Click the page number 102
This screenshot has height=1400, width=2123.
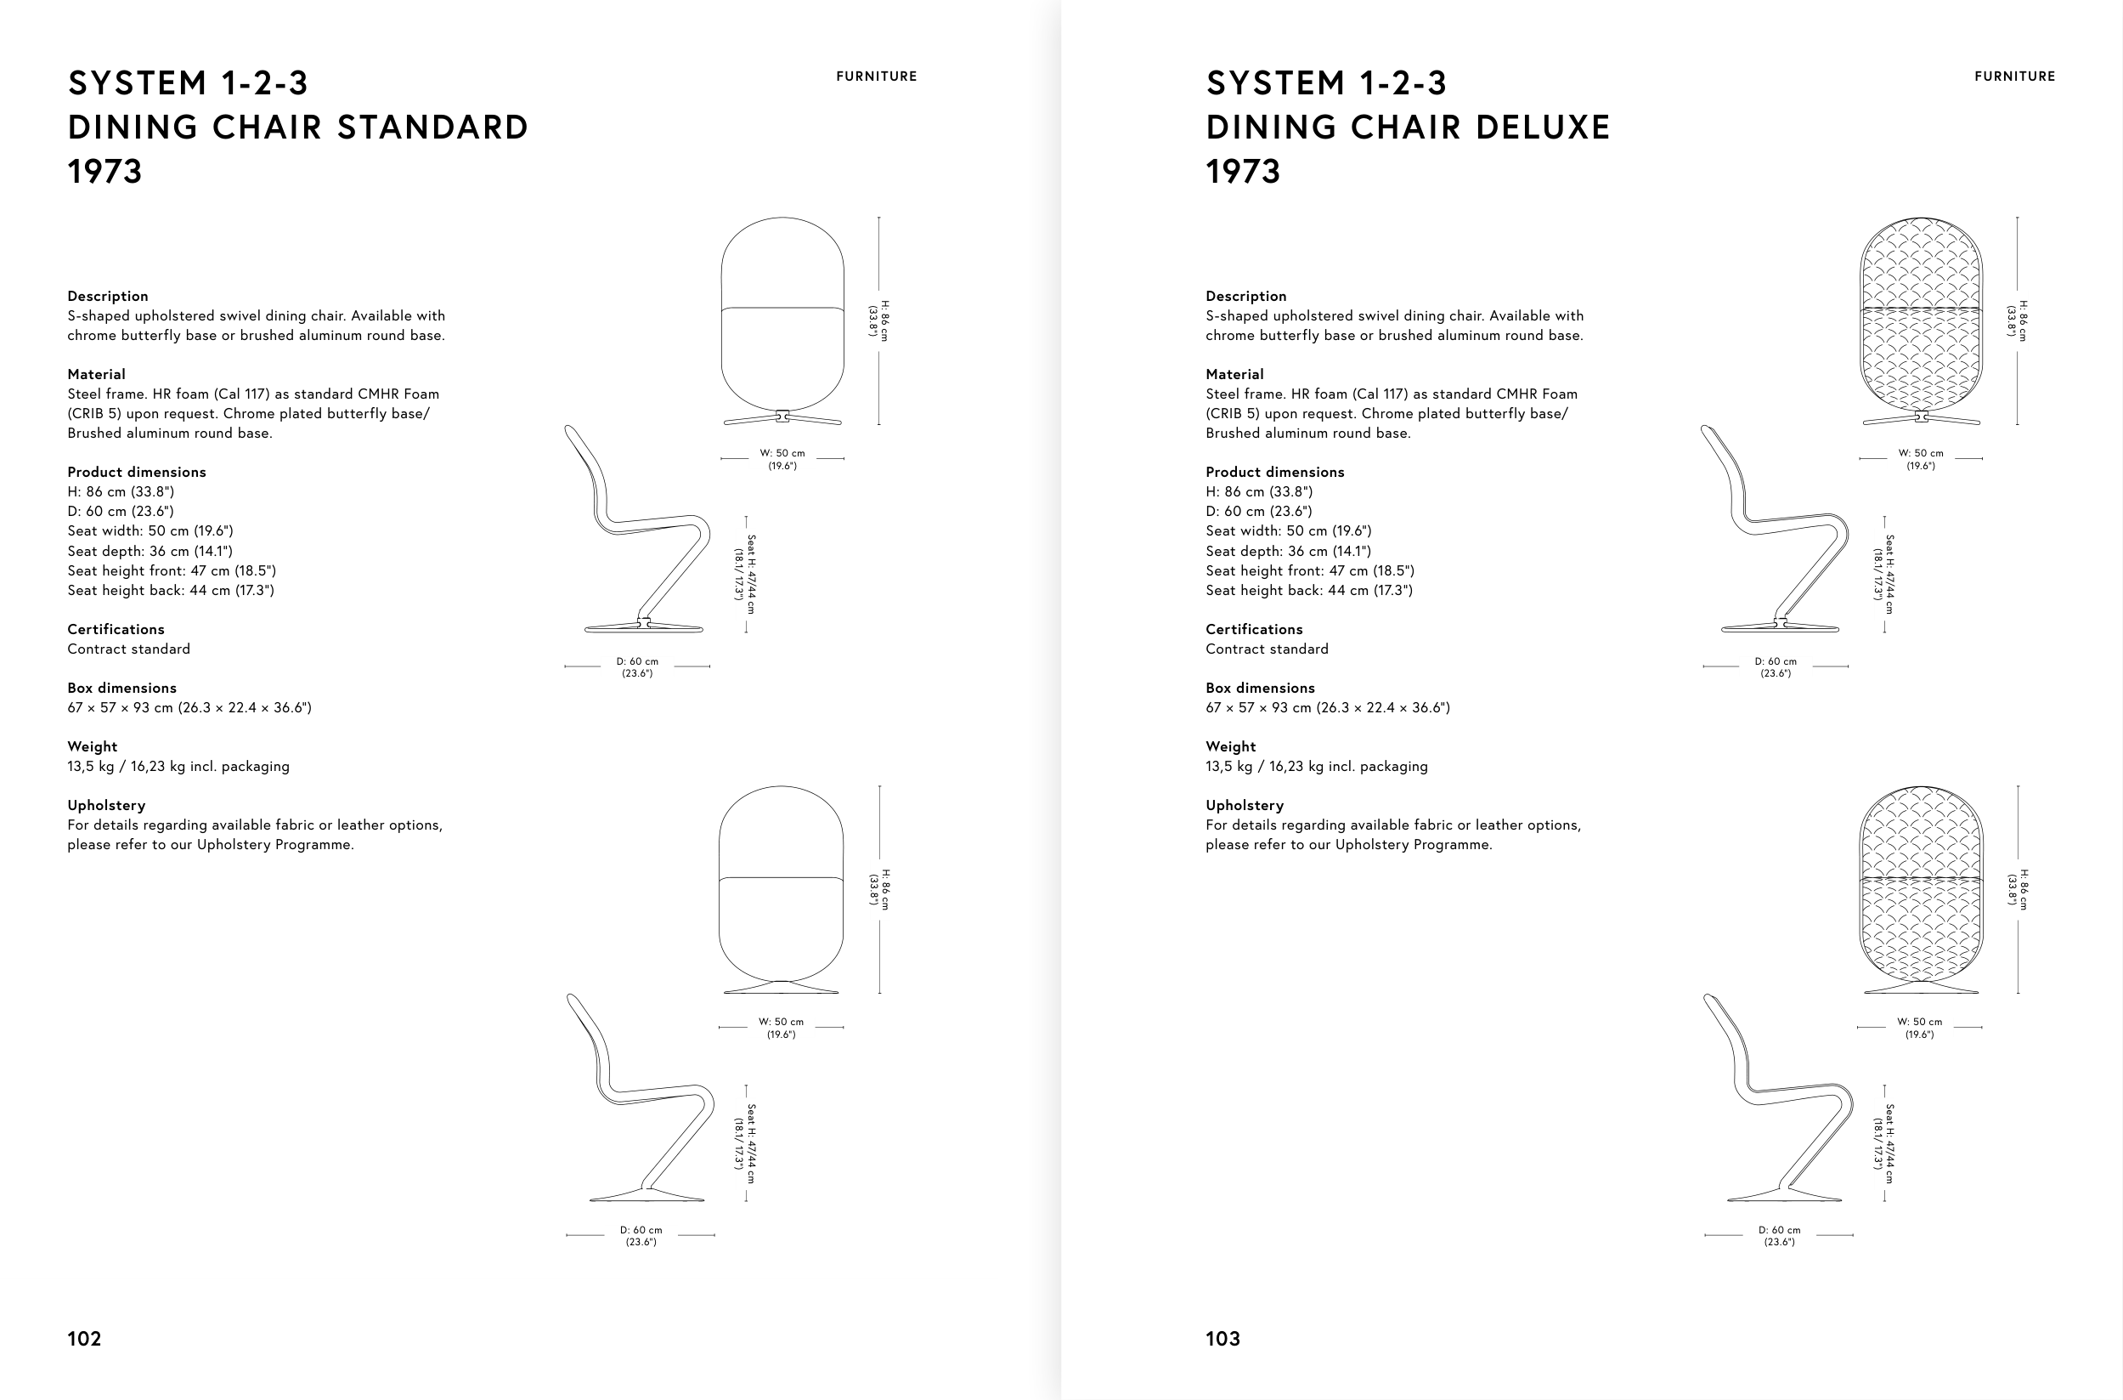tap(84, 1339)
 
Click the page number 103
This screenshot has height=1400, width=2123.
tap(1222, 1339)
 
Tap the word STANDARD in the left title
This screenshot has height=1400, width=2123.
tap(432, 128)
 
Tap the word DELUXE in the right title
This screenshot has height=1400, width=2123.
tap(1543, 128)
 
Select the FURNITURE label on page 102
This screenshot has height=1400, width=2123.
tap(877, 77)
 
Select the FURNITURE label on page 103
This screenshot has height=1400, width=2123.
tap(2015, 77)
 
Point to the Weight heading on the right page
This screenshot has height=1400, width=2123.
tap(1231, 746)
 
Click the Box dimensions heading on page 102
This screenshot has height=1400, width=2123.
tap(122, 688)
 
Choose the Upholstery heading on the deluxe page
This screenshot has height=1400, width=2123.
tap(1245, 805)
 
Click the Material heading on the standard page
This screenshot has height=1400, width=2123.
tap(96, 374)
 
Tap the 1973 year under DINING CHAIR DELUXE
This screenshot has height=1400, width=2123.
tap(1243, 172)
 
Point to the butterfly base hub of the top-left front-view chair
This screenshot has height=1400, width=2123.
tap(782, 415)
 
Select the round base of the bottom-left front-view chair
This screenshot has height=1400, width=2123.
tap(781, 988)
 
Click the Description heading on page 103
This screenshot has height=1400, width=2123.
tap(1245, 297)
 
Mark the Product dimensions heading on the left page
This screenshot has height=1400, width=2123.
tap(137, 473)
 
